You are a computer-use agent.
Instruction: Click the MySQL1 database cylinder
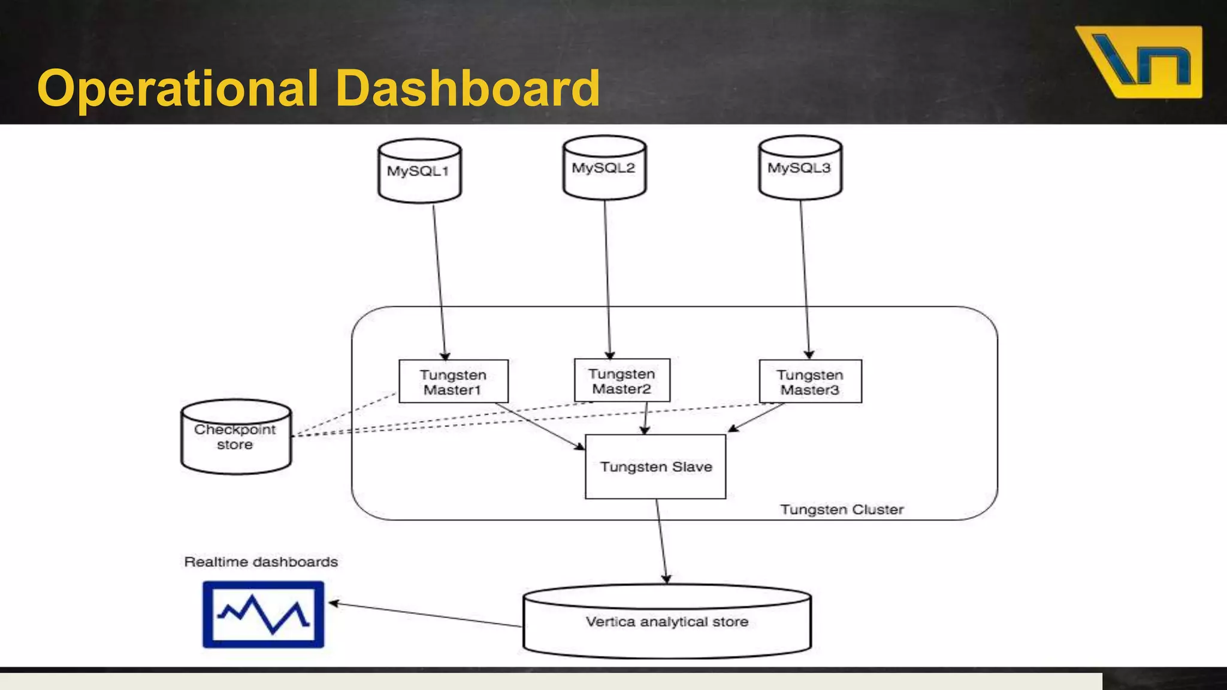[x=419, y=171]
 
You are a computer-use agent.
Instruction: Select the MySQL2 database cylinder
[x=604, y=168]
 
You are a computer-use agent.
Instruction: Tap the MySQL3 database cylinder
[x=800, y=168]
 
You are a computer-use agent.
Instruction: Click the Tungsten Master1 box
[x=453, y=382]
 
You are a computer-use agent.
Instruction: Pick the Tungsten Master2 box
[x=622, y=381]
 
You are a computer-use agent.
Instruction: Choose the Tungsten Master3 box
[x=810, y=382]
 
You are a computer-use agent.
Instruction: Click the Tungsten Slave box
[x=655, y=467]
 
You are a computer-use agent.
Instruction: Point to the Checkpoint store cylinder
[x=235, y=438]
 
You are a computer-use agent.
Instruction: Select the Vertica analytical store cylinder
[x=667, y=622]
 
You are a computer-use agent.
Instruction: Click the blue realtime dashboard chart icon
[x=263, y=615]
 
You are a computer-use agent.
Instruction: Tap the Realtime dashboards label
[x=261, y=562]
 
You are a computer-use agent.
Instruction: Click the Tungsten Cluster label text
[x=841, y=510]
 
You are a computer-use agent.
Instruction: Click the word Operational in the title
[x=177, y=88]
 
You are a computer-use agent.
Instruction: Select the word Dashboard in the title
[x=467, y=88]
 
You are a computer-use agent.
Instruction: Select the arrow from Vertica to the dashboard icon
[x=425, y=615]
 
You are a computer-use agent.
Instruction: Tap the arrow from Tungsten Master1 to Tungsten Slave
[x=539, y=426]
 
